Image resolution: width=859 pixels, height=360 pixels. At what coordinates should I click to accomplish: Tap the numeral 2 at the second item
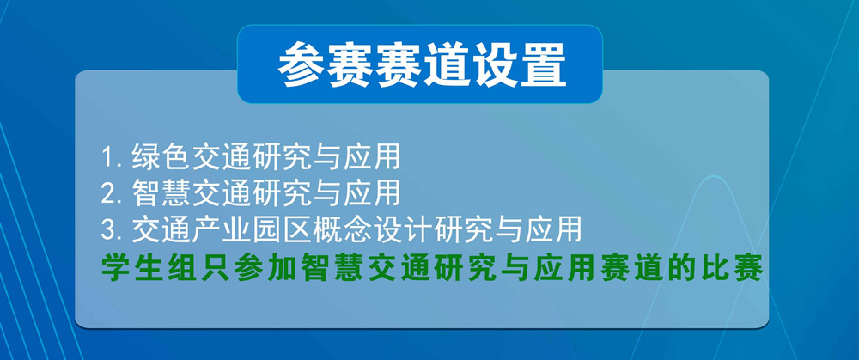point(108,193)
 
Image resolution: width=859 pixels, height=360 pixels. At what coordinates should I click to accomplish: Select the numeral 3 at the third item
point(108,230)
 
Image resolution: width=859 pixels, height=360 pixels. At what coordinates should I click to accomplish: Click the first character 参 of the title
point(301,65)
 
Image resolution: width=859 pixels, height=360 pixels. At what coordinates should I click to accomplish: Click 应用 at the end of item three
point(553,230)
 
